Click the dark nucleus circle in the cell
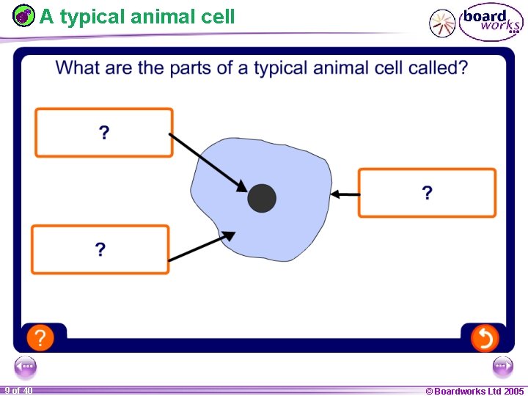pyautogui.click(x=262, y=198)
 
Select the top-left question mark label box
pyautogui.click(x=104, y=133)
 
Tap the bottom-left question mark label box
pyautogui.click(x=100, y=249)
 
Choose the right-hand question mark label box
pyautogui.click(x=427, y=193)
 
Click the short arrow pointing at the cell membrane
pyautogui.click(x=345, y=194)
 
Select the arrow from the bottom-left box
pyautogui.click(x=202, y=246)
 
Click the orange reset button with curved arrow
pyautogui.click(x=484, y=338)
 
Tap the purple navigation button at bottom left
pyautogui.click(x=25, y=366)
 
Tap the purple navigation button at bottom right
pyautogui.click(x=502, y=366)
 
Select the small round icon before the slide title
pyautogui.click(x=24, y=16)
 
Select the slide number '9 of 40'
pyautogui.click(x=18, y=391)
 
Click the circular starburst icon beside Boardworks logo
pyautogui.click(x=442, y=23)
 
